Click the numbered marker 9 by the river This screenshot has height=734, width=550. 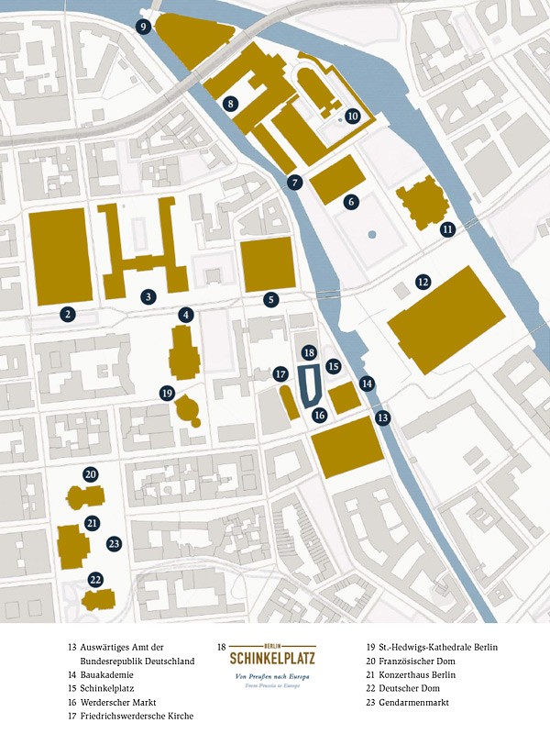144,28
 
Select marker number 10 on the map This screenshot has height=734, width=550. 352,116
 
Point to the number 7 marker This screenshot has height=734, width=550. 294,182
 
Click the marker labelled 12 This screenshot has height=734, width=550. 423,282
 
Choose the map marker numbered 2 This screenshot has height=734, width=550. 67,315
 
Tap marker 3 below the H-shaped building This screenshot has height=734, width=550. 148,296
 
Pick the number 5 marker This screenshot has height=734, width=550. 271,299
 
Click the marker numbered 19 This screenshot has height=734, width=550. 166,393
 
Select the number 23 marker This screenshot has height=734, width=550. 114,543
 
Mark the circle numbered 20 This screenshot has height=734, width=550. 90,474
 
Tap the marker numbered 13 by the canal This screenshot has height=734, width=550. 383,417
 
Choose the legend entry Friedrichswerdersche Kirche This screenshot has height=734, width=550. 136,716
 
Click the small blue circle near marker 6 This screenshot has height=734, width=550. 372,235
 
